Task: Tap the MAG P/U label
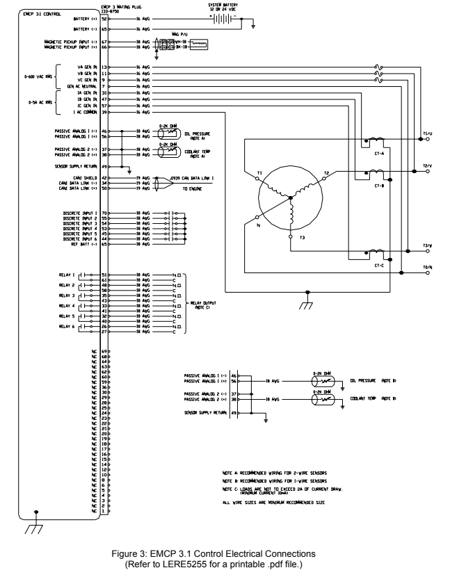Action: [180, 33]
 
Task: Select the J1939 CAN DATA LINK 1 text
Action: [198, 178]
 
